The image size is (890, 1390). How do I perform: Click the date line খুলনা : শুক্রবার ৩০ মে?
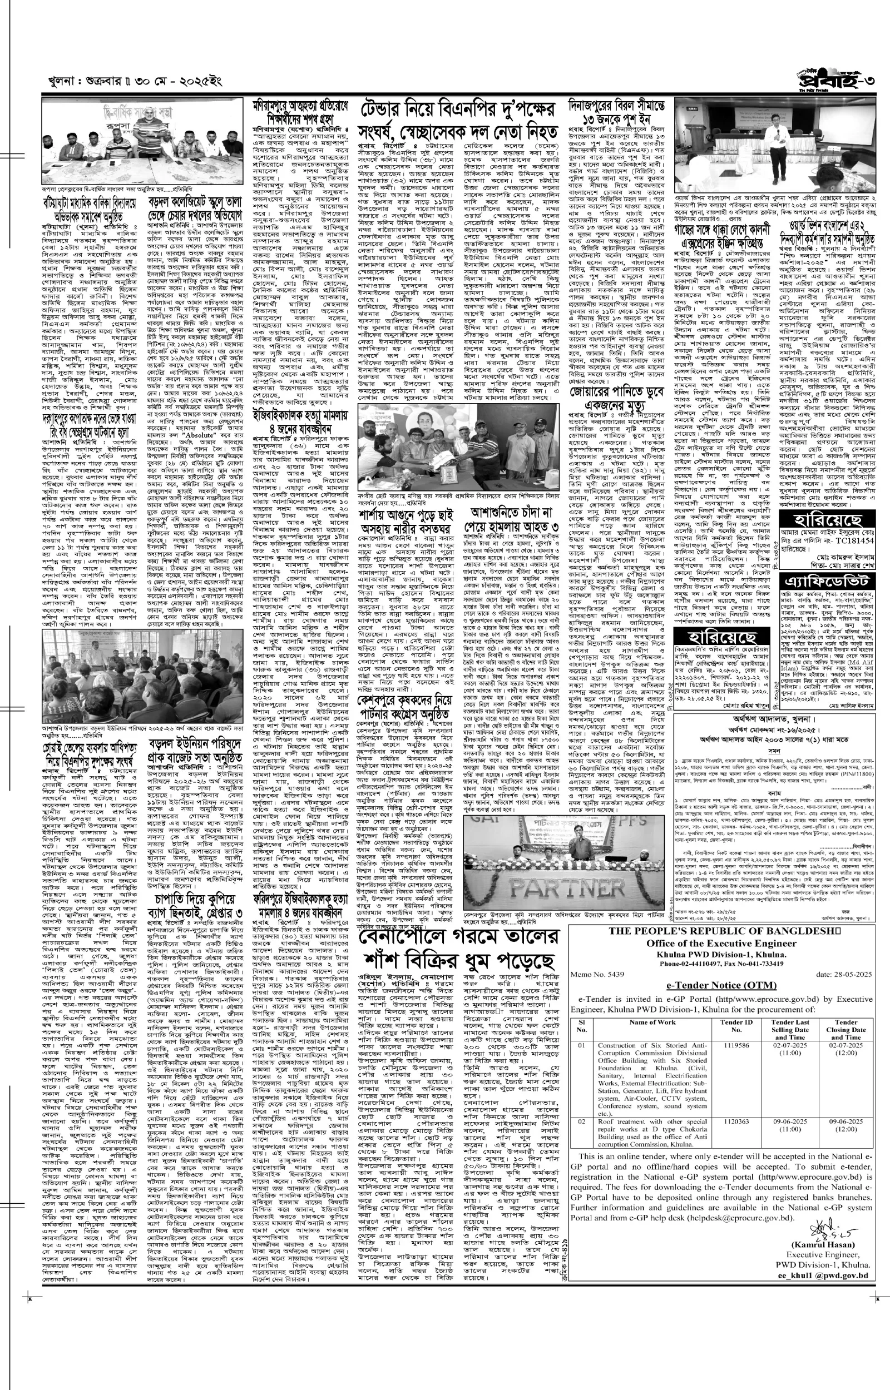tap(136, 85)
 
